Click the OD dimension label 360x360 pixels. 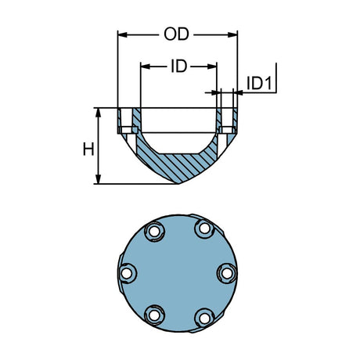pos(178,34)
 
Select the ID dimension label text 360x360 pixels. pos(178,67)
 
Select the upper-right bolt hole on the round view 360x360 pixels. pos(204,229)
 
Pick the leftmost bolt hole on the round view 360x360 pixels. pos(126,273)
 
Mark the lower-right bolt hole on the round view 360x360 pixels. pos(203,316)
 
